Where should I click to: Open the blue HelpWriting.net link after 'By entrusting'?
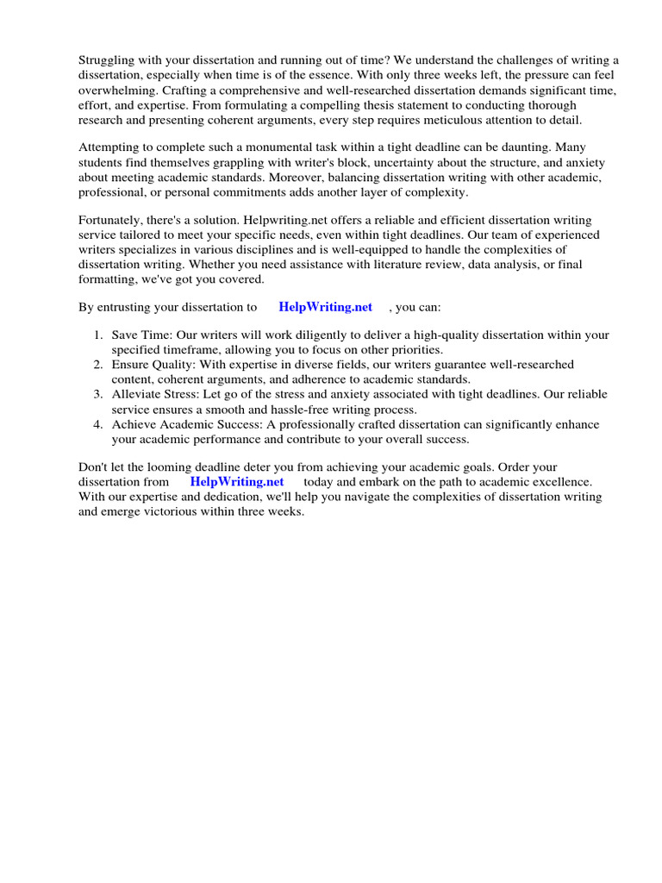click(325, 307)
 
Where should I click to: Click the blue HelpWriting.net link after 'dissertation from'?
click(236, 482)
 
